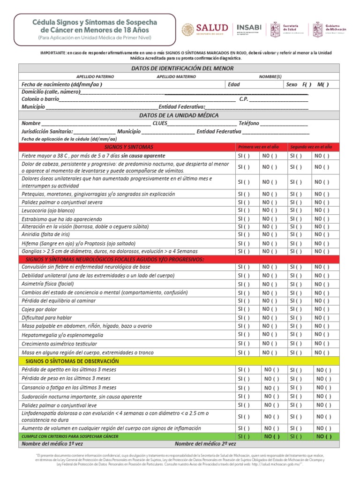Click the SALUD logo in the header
click(205, 29)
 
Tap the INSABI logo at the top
click(249, 29)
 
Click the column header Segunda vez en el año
click(311, 147)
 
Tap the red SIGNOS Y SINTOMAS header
click(127, 147)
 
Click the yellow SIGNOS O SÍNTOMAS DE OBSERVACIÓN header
click(69, 361)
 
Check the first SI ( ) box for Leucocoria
click(244, 211)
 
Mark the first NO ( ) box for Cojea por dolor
click(270, 309)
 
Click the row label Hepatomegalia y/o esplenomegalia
click(62, 335)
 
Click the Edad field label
click(233, 84)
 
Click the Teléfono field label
click(249, 123)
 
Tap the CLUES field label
click(160, 123)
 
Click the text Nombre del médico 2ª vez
click(205, 443)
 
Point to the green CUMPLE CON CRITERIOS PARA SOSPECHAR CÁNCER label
click(70, 436)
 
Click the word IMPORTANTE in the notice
click(52, 53)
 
